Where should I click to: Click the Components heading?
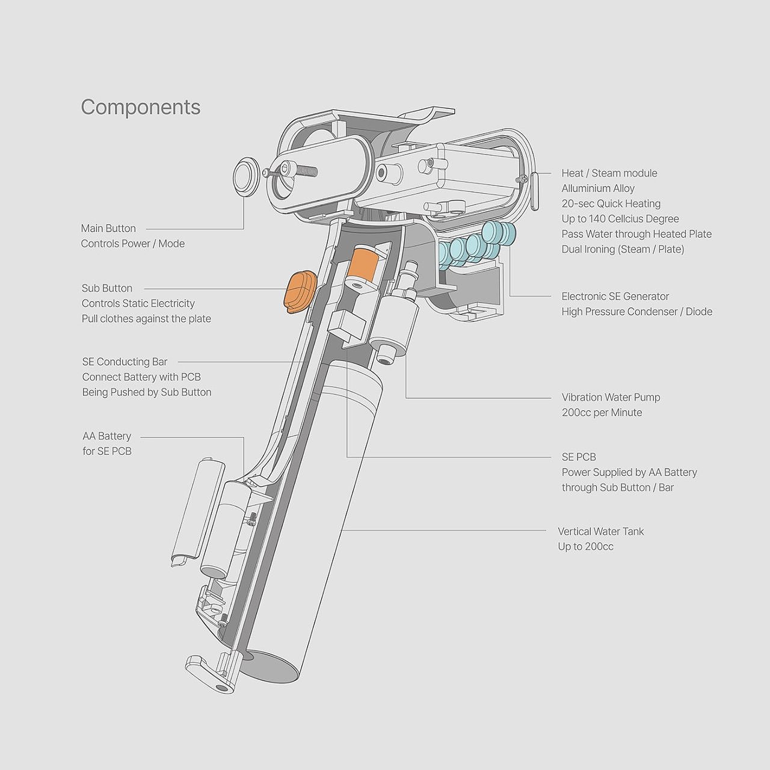click(141, 107)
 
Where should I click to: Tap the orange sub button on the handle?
click(299, 292)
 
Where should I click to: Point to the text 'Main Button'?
click(108, 229)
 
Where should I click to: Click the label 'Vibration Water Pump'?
click(611, 398)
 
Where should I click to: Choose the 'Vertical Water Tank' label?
click(600, 532)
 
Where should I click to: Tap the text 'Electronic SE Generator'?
click(615, 297)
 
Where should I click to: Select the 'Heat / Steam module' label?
click(609, 173)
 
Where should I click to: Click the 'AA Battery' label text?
click(106, 436)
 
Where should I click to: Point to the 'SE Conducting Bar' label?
click(125, 362)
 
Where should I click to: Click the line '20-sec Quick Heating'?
click(611, 204)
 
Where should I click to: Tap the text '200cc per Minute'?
click(602, 413)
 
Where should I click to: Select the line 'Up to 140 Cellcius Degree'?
click(620, 219)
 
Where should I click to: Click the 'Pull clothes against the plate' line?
click(146, 319)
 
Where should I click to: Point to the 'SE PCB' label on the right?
click(579, 457)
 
